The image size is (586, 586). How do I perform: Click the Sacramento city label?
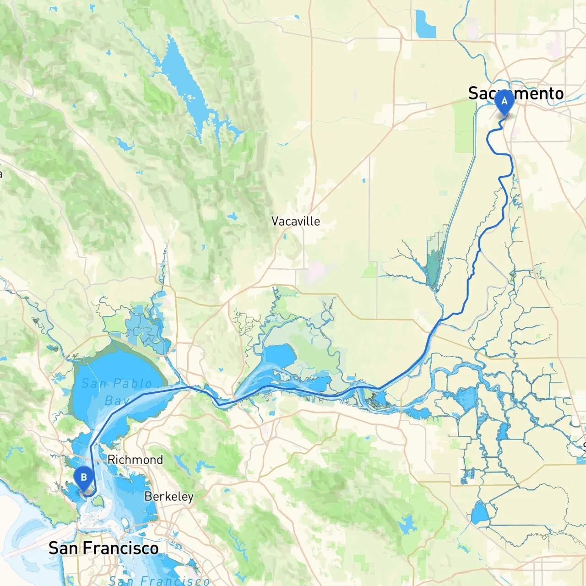(x=516, y=93)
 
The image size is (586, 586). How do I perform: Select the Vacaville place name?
(x=295, y=222)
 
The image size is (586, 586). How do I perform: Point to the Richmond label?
(x=135, y=460)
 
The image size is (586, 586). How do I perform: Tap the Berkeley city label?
(x=169, y=497)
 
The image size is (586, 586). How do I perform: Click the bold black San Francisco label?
(x=103, y=548)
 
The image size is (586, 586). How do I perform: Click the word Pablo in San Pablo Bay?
(x=132, y=384)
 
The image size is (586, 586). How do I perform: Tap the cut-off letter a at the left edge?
(x=1, y=174)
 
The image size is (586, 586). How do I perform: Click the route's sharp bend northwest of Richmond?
(x=91, y=446)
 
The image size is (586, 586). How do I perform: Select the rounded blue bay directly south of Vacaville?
(x=280, y=355)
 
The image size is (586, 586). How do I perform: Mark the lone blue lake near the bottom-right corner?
(x=480, y=514)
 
